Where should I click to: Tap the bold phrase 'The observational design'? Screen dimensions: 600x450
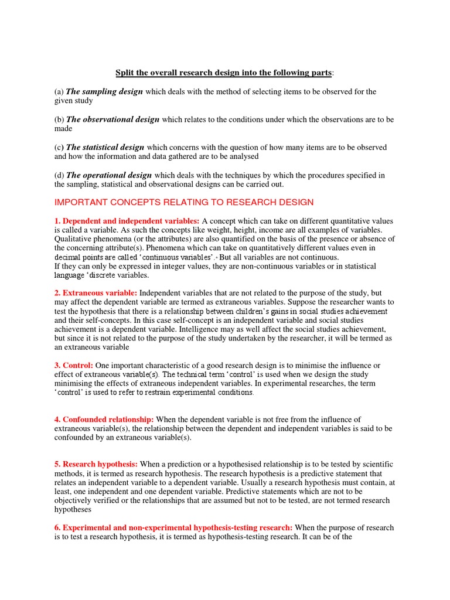(x=112, y=120)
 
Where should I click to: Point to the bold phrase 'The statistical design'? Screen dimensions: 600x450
(x=105, y=148)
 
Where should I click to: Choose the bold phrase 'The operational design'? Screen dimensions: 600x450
(x=109, y=175)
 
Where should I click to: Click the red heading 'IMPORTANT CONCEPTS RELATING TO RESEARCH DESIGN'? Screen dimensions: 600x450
(x=184, y=202)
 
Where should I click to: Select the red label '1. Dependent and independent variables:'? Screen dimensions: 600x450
(x=127, y=221)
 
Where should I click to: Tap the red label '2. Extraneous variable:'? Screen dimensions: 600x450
(x=96, y=292)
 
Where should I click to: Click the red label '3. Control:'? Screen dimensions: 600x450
(x=74, y=365)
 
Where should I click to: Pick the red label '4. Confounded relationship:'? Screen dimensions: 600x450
(x=104, y=420)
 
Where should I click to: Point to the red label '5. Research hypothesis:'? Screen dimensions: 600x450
(x=96, y=465)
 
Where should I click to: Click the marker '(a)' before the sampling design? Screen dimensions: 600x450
(x=59, y=91)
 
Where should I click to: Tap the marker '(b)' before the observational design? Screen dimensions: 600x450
(x=59, y=120)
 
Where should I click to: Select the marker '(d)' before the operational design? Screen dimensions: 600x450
(x=59, y=175)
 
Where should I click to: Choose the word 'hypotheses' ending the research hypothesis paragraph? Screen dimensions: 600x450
(x=73, y=510)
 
